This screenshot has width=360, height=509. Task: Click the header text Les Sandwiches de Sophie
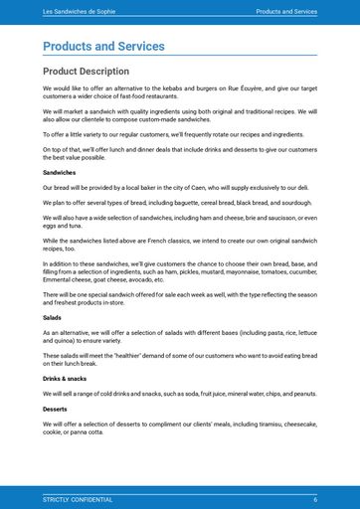click(x=78, y=12)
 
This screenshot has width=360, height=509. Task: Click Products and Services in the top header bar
click(x=286, y=12)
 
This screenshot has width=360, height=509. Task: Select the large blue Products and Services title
click(x=103, y=47)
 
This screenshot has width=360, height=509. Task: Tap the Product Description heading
click(x=86, y=72)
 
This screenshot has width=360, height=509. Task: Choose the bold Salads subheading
click(x=52, y=317)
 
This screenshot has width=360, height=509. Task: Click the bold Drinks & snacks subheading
click(x=65, y=379)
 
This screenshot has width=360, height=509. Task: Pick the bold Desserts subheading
click(x=56, y=409)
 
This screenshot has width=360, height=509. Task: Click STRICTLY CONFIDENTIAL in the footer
click(x=78, y=499)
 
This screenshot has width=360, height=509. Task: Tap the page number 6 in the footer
click(x=315, y=499)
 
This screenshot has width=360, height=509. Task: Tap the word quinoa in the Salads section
click(x=65, y=338)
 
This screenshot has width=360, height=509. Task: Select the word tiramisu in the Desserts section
click(x=259, y=424)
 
